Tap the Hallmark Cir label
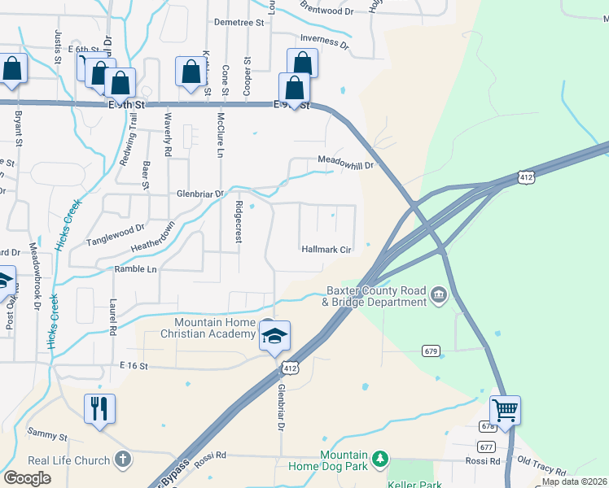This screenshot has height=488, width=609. [326, 250]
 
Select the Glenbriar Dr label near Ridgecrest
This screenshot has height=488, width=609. [200, 194]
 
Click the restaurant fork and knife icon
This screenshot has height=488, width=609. [99, 408]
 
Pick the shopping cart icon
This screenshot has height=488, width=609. [505, 410]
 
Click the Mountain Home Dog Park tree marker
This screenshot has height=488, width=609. [379, 460]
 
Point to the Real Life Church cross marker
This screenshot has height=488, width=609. [123, 460]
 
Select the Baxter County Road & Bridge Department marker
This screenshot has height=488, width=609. [439, 294]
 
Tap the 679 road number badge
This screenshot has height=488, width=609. [432, 351]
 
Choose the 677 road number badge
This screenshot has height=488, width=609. [487, 447]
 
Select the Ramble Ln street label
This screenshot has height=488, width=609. [135, 268]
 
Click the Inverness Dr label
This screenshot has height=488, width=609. [324, 39]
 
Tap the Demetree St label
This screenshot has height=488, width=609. [239, 23]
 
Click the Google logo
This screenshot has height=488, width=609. [27, 478]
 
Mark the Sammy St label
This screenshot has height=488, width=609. [46, 437]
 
